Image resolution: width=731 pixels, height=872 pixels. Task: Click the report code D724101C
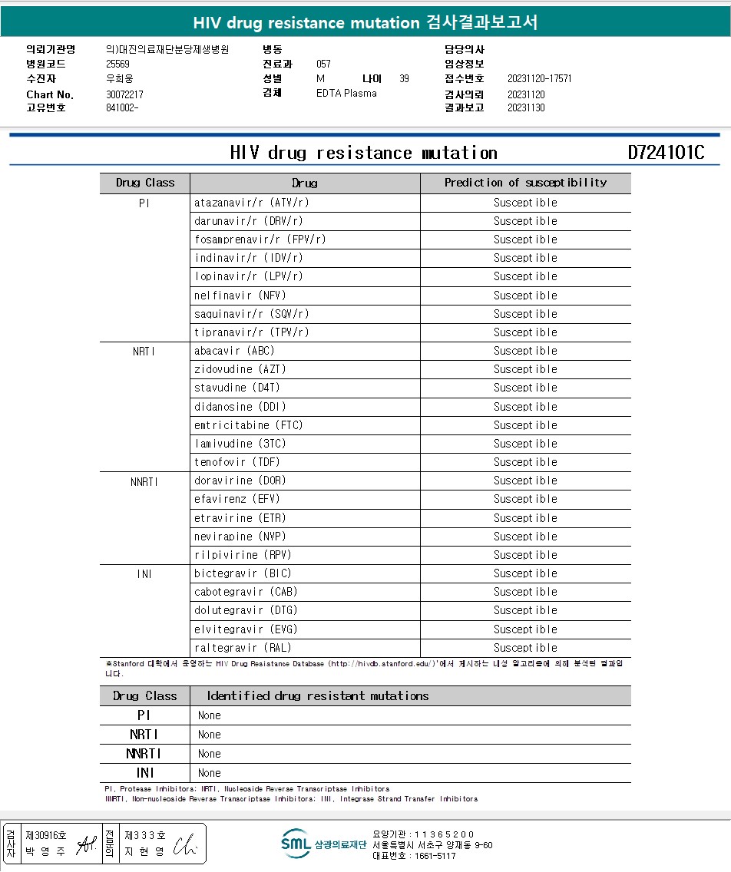(x=666, y=153)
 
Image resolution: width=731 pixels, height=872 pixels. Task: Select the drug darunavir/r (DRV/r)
(x=249, y=221)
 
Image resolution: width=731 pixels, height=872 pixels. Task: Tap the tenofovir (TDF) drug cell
(x=237, y=462)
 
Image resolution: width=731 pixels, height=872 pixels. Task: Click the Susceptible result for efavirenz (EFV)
(x=525, y=499)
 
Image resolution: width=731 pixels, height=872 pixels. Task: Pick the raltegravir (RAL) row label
(x=243, y=648)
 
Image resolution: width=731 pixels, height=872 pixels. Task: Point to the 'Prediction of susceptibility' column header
(x=525, y=183)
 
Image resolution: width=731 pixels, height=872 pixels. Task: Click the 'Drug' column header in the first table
(x=305, y=183)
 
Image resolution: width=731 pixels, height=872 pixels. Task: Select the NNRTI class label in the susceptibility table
(x=144, y=481)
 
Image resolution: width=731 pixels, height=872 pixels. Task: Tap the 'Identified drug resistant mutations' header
(x=318, y=696)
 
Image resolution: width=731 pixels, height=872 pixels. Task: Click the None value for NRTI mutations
(x=210, y=735)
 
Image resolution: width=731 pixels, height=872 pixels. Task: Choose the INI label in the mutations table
(x=144, y=773)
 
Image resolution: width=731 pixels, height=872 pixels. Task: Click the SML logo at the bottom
(x=296, y=844)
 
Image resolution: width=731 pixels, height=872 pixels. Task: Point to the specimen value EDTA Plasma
(x=346, y=94)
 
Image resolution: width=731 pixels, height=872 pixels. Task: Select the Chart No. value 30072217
(x=125, y=94)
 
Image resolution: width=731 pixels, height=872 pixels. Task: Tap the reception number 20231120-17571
(x=540, y=78)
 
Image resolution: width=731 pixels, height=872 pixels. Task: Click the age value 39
(x=405, y=78)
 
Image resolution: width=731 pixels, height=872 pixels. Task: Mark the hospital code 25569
(x=118, y=64)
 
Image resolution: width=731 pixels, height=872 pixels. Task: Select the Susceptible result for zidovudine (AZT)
(x=525, y=369)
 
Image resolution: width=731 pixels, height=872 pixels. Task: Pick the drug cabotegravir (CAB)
(x=246, y=592)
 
